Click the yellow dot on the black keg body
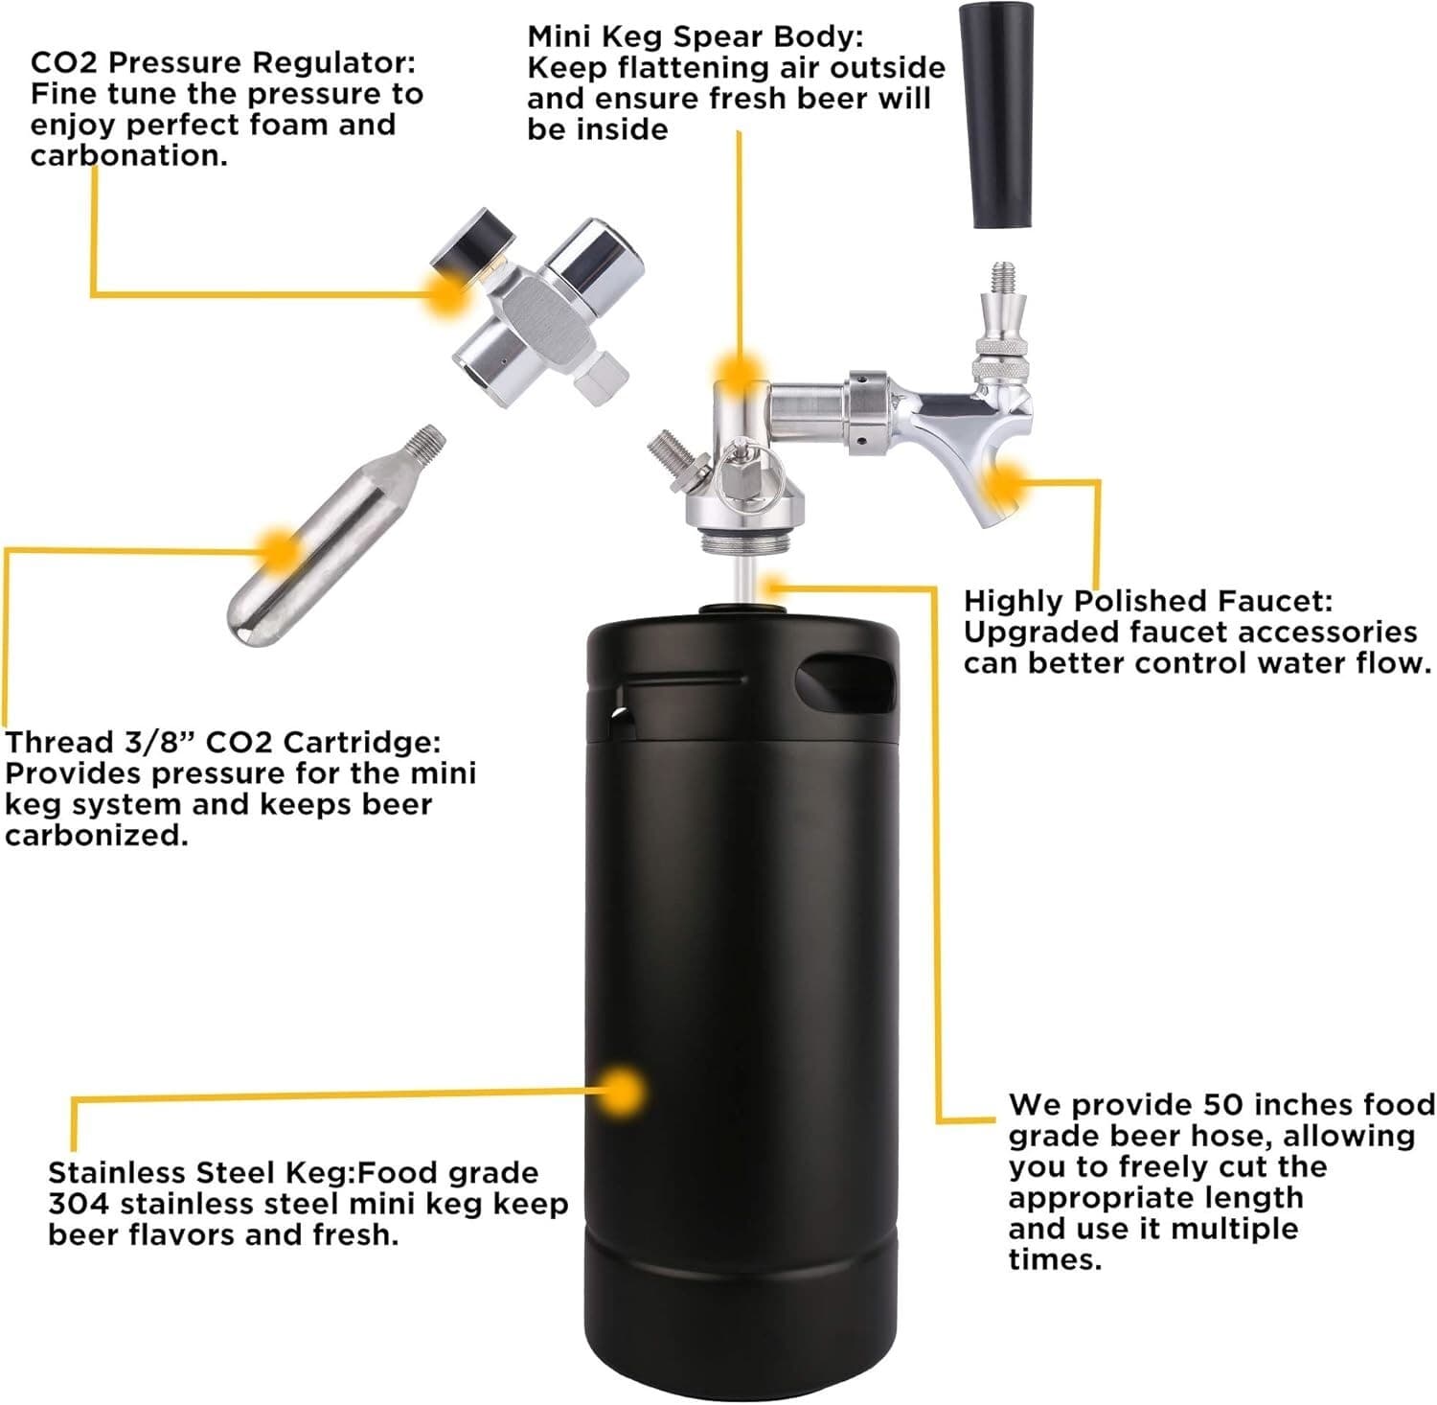(x=624, y=1091)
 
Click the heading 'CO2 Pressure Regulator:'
(x=223, y=63)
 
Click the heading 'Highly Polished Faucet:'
(x=1148, y=601)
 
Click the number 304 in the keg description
(x=80, y=1204)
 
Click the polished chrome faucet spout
(x=968, y=431)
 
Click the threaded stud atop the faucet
(x=1004, y=276)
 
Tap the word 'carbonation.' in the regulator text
(x=129, y=155)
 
